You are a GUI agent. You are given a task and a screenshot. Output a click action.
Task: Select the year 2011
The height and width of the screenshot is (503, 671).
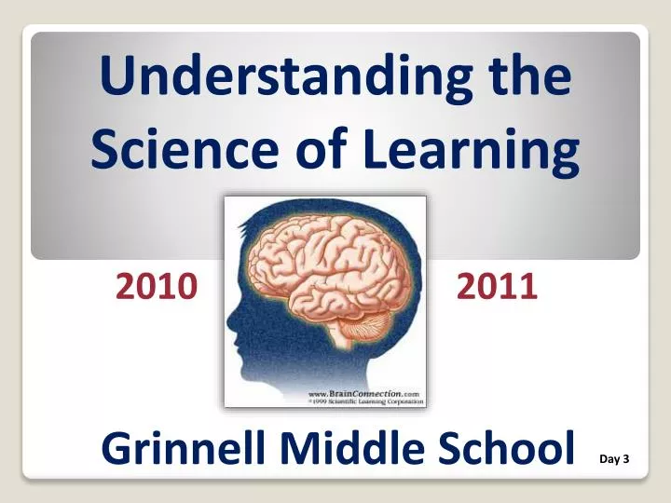click(x=497, y=287)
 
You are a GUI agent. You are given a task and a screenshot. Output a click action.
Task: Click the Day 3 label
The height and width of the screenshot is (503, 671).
click(x=614, y=459)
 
